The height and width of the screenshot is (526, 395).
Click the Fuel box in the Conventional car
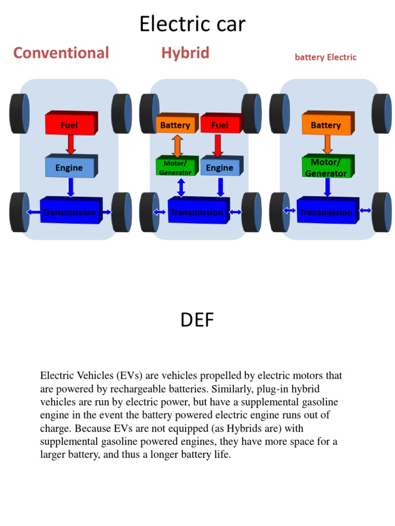click(70, 124)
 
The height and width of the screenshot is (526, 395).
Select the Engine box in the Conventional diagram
click(69, 167)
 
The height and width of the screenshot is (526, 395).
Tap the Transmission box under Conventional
click(69, 212)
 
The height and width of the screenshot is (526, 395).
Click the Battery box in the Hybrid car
click(175, 125)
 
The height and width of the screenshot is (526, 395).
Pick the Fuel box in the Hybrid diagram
click(220, 125)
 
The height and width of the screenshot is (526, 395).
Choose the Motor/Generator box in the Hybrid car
click(175, 167)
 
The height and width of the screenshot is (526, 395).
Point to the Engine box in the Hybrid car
click(220, 167)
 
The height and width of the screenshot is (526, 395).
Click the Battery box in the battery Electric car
click(326, 125)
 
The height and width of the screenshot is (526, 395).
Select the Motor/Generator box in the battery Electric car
click(326, 167)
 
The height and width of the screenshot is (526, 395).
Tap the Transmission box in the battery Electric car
click(327, 212)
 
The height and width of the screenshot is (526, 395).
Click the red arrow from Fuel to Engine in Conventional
click(70, 144)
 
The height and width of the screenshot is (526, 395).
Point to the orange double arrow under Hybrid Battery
click(177, 145)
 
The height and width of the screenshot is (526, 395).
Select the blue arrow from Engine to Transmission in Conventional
click(71, 187)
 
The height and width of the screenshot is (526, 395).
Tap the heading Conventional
click(61, 52)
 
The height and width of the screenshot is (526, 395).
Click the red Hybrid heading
click(185, 52)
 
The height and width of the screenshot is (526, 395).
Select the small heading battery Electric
click(326, 57)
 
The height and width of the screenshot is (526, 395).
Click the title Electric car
click(192, 24)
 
